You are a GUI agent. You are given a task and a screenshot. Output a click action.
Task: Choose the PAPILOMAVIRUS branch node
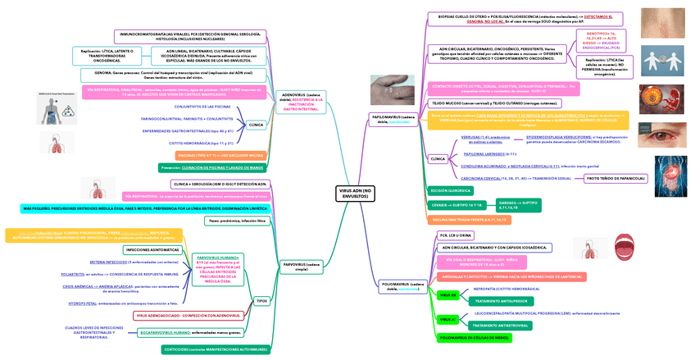[393, 120]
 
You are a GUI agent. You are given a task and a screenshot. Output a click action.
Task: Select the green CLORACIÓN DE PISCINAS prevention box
[212, 166]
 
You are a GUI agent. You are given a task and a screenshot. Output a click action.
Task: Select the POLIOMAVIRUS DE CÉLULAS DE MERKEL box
[475, 338]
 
